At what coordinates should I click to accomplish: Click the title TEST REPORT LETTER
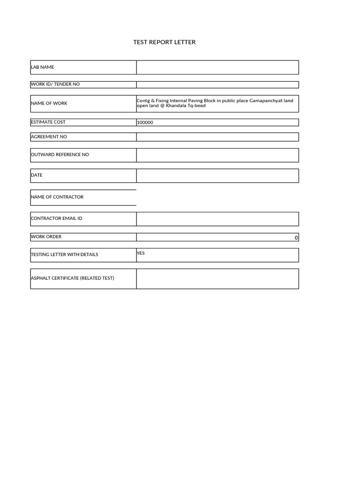click(164, 42)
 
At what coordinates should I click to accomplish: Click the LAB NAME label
click(42, 67)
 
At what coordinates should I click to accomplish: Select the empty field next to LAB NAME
click(217, 67)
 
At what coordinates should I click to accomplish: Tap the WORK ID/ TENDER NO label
click(55, 84)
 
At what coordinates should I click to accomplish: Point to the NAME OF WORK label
click(49, 103)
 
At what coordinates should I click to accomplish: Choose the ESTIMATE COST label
click(48, 122)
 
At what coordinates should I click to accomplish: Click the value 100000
click(145, 123)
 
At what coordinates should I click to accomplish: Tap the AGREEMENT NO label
click(49, 137)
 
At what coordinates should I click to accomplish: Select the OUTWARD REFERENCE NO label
click(60, 155)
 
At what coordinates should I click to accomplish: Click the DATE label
click(37, 175)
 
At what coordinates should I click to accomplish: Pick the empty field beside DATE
click(217, 176)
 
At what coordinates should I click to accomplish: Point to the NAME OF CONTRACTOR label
click(57, 197)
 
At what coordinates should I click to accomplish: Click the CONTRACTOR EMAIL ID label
click(56, 218)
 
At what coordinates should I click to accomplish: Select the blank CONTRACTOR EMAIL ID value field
click(217, 219)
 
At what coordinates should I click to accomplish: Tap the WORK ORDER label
click(46, 237)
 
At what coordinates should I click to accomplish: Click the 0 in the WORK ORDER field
click(296, 238)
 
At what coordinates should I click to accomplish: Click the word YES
click(141, 253)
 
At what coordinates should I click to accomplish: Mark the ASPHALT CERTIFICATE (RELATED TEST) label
click(72, 278)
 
